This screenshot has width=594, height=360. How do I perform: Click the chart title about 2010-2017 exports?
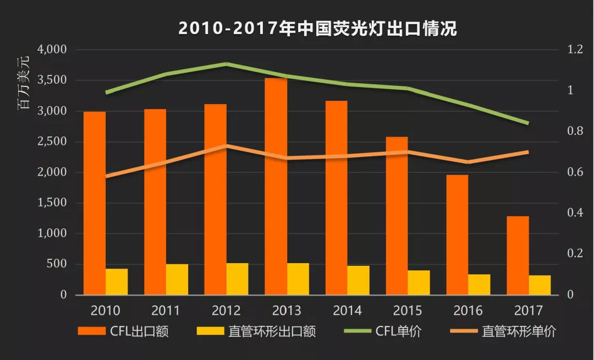tap(317, 28)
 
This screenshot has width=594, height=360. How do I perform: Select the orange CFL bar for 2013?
tap(276, 186)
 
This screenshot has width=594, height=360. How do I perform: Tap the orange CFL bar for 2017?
tap(518, 255)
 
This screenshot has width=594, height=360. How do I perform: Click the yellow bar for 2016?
tap(479, 285)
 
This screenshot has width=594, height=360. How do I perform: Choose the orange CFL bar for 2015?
tap(397, 216)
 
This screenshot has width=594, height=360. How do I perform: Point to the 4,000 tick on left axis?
tap(52, 50)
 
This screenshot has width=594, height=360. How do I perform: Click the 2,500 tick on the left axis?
tap(52, 141)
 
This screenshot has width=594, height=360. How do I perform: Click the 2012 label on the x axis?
tap(226, 310)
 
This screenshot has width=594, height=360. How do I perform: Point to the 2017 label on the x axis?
tap(529, 310)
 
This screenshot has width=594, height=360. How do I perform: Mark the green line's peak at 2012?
tap(227, 64)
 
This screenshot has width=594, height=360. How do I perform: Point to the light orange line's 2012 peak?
tap(227, 146)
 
